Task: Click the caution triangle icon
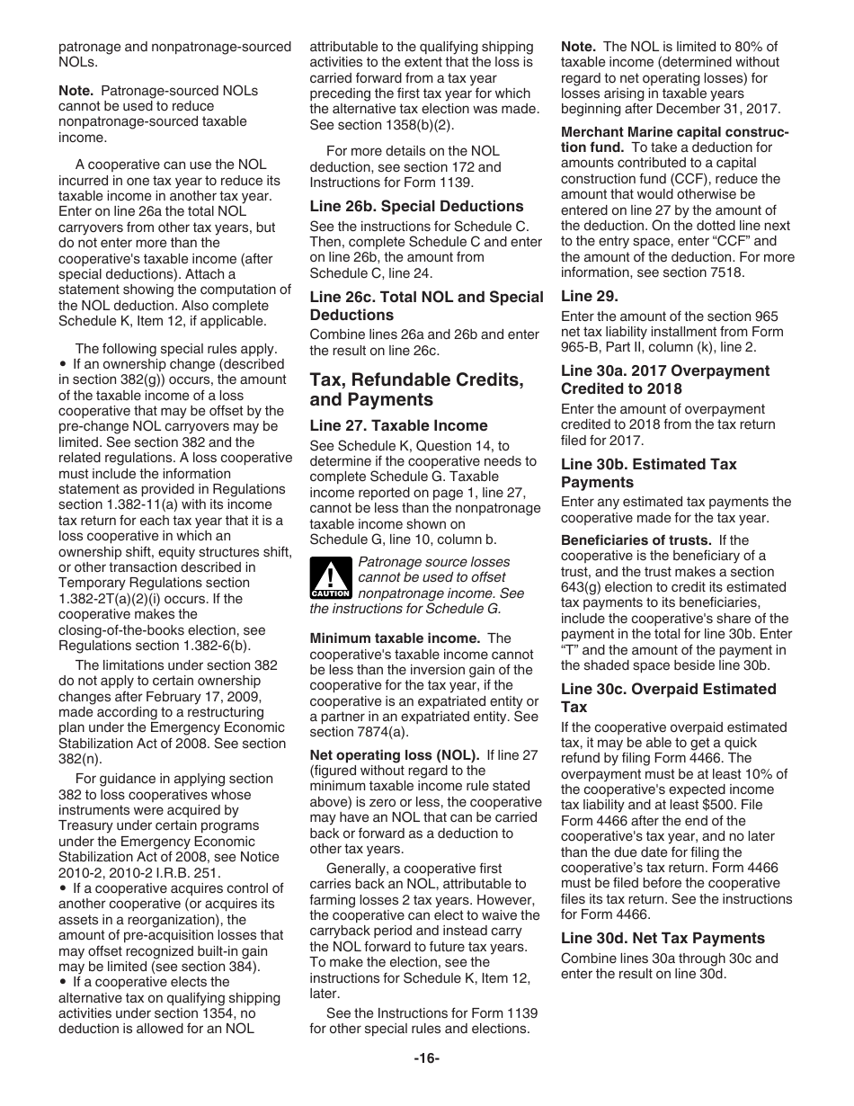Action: tap(330, 577)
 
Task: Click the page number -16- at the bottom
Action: tap(426, 1058)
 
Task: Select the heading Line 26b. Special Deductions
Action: tap(416, 206)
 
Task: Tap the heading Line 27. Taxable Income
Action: tap(398, 425)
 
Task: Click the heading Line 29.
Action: tap(590, 296)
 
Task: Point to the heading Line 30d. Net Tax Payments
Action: tap(663, 938)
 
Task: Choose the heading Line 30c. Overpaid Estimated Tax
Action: tap(668, 698)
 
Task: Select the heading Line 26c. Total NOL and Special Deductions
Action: tap(426, 306)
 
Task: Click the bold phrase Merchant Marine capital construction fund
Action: tap(674, 139)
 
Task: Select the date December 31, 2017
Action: tap(710, 109)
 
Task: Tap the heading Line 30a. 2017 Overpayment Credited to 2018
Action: tap(664, 379)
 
